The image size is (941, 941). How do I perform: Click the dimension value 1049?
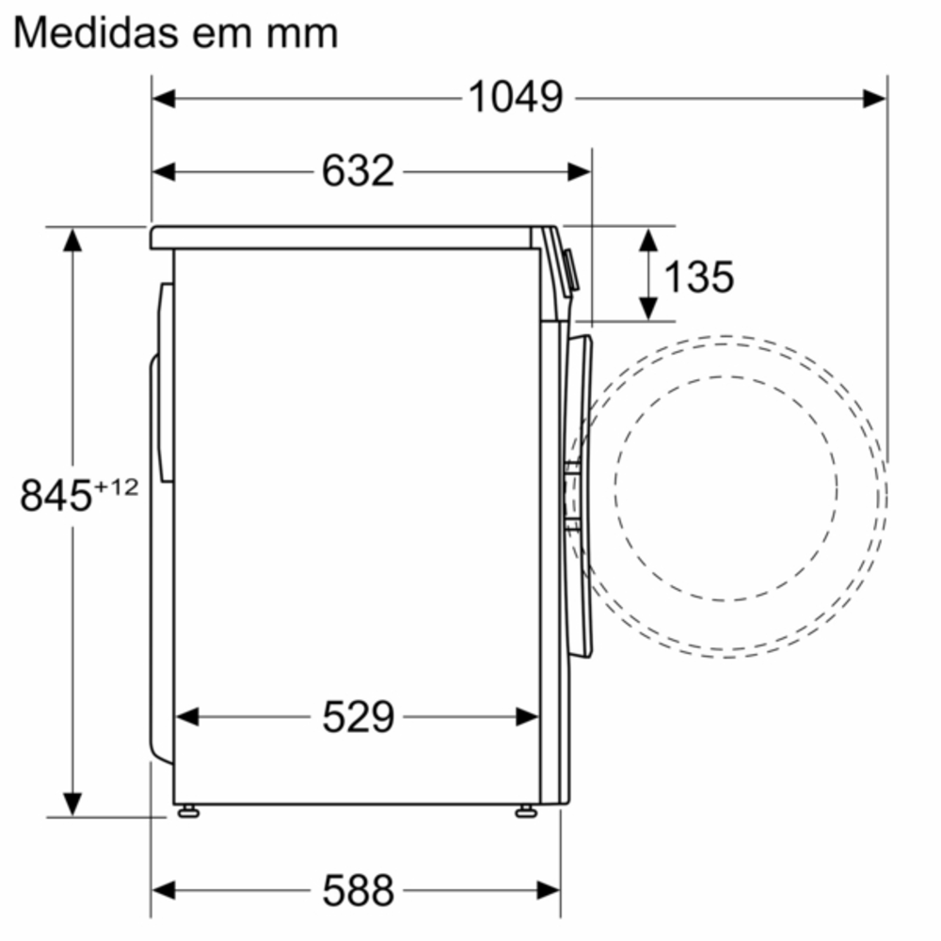click(516, 97)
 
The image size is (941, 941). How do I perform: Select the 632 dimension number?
click(358, 171)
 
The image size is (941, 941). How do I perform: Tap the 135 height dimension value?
click(698, 276)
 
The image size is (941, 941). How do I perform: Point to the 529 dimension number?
click(358, 717)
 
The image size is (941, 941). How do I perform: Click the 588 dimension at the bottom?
click(358, 888)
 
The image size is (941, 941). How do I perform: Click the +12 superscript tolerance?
click(116, 486)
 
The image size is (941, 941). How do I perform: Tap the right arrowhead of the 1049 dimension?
click(875, 98)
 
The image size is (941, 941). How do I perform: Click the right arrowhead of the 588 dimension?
click(550, 888)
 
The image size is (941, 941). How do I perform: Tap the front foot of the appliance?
click(525, 811)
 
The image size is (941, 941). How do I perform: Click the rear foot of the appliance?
click(188, 811)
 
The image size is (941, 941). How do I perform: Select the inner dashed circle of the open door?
click(726, 487)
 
